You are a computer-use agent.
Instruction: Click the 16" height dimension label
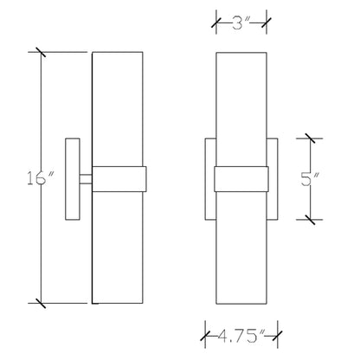pyautogui.click(x=41, y=178)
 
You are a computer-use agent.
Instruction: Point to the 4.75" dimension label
pyautogui.click(x=241, y=336)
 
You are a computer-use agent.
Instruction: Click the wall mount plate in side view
pyautogui.click(x=73, y=179)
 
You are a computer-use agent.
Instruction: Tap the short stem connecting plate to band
pyautogui.click(x=86, y=179)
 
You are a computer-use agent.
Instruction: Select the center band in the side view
pyautogui.click(x=119, y=179)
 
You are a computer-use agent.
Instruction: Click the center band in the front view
pyautogui.click(x=241, y=179)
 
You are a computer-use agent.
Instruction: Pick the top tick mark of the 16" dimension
pyautogui.click(x=41, y=52)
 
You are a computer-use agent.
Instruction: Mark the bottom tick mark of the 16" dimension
pyautogui.click(x=41, y=303)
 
